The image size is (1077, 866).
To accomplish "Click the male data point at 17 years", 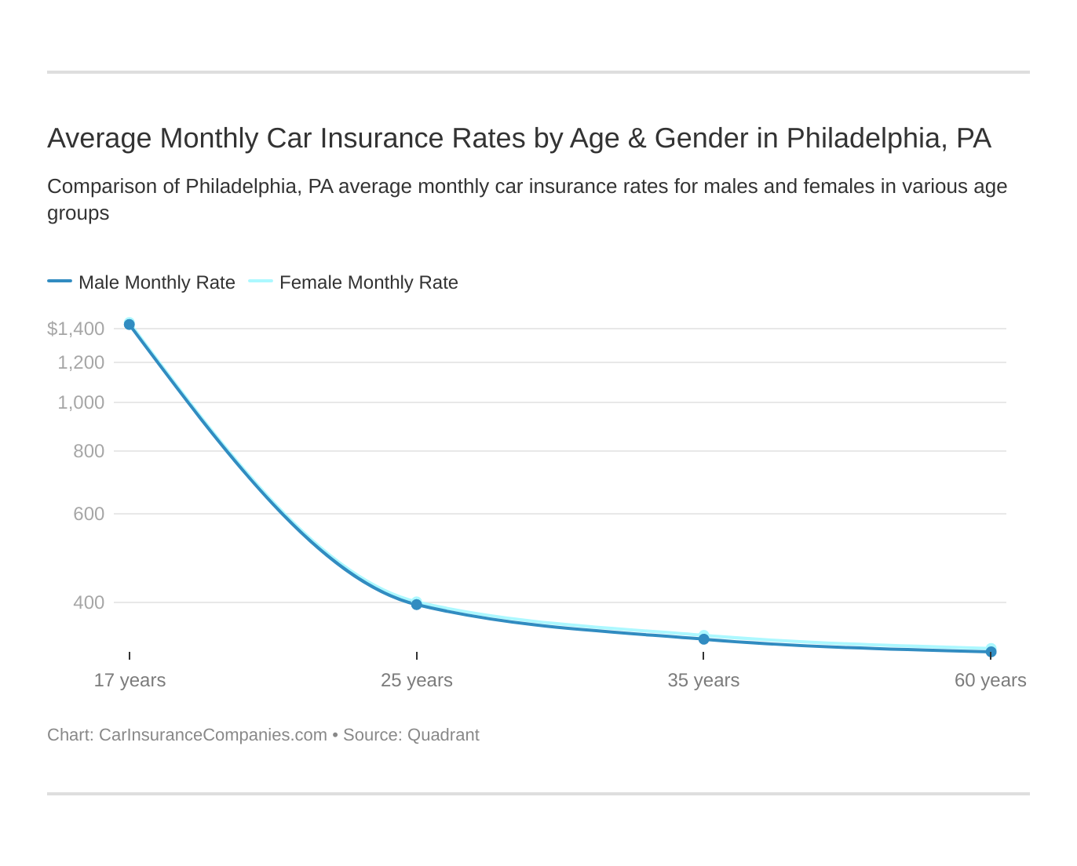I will click(x=130, y=325).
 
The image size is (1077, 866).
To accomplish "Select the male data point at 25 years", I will click(x=417, y=605).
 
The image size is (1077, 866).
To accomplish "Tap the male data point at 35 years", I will click(x=704, y=639).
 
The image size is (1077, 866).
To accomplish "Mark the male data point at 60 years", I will click(x=991, y=652).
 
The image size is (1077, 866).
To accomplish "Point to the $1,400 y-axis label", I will click(x=75, y=329).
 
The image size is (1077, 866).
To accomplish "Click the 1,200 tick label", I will click(x=81, y=362).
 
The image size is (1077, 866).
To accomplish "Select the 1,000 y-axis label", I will click(x=81, y=402).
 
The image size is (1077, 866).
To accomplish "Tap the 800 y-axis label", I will click(x=89, y=451).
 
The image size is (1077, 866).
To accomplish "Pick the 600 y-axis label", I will click(x=89, y=514).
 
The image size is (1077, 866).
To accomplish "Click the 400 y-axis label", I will click(x=89, y=602).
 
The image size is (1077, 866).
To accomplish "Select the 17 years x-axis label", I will click(x=130, y=680).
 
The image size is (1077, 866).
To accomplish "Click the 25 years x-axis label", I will click(x=417, y=680).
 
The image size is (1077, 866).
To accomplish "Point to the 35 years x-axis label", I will click(x=703, y=680).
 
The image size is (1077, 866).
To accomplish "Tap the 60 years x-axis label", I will click(x=990, y=680).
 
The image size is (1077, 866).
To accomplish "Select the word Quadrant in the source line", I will click(x=443, y=735).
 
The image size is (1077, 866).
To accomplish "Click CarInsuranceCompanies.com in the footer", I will click(x=213, y=735).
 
